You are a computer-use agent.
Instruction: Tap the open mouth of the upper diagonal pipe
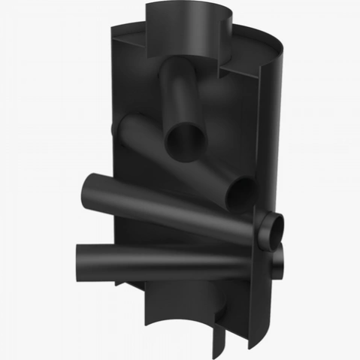coord(185,139)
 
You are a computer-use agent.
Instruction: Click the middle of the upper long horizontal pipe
coord(150,197)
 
